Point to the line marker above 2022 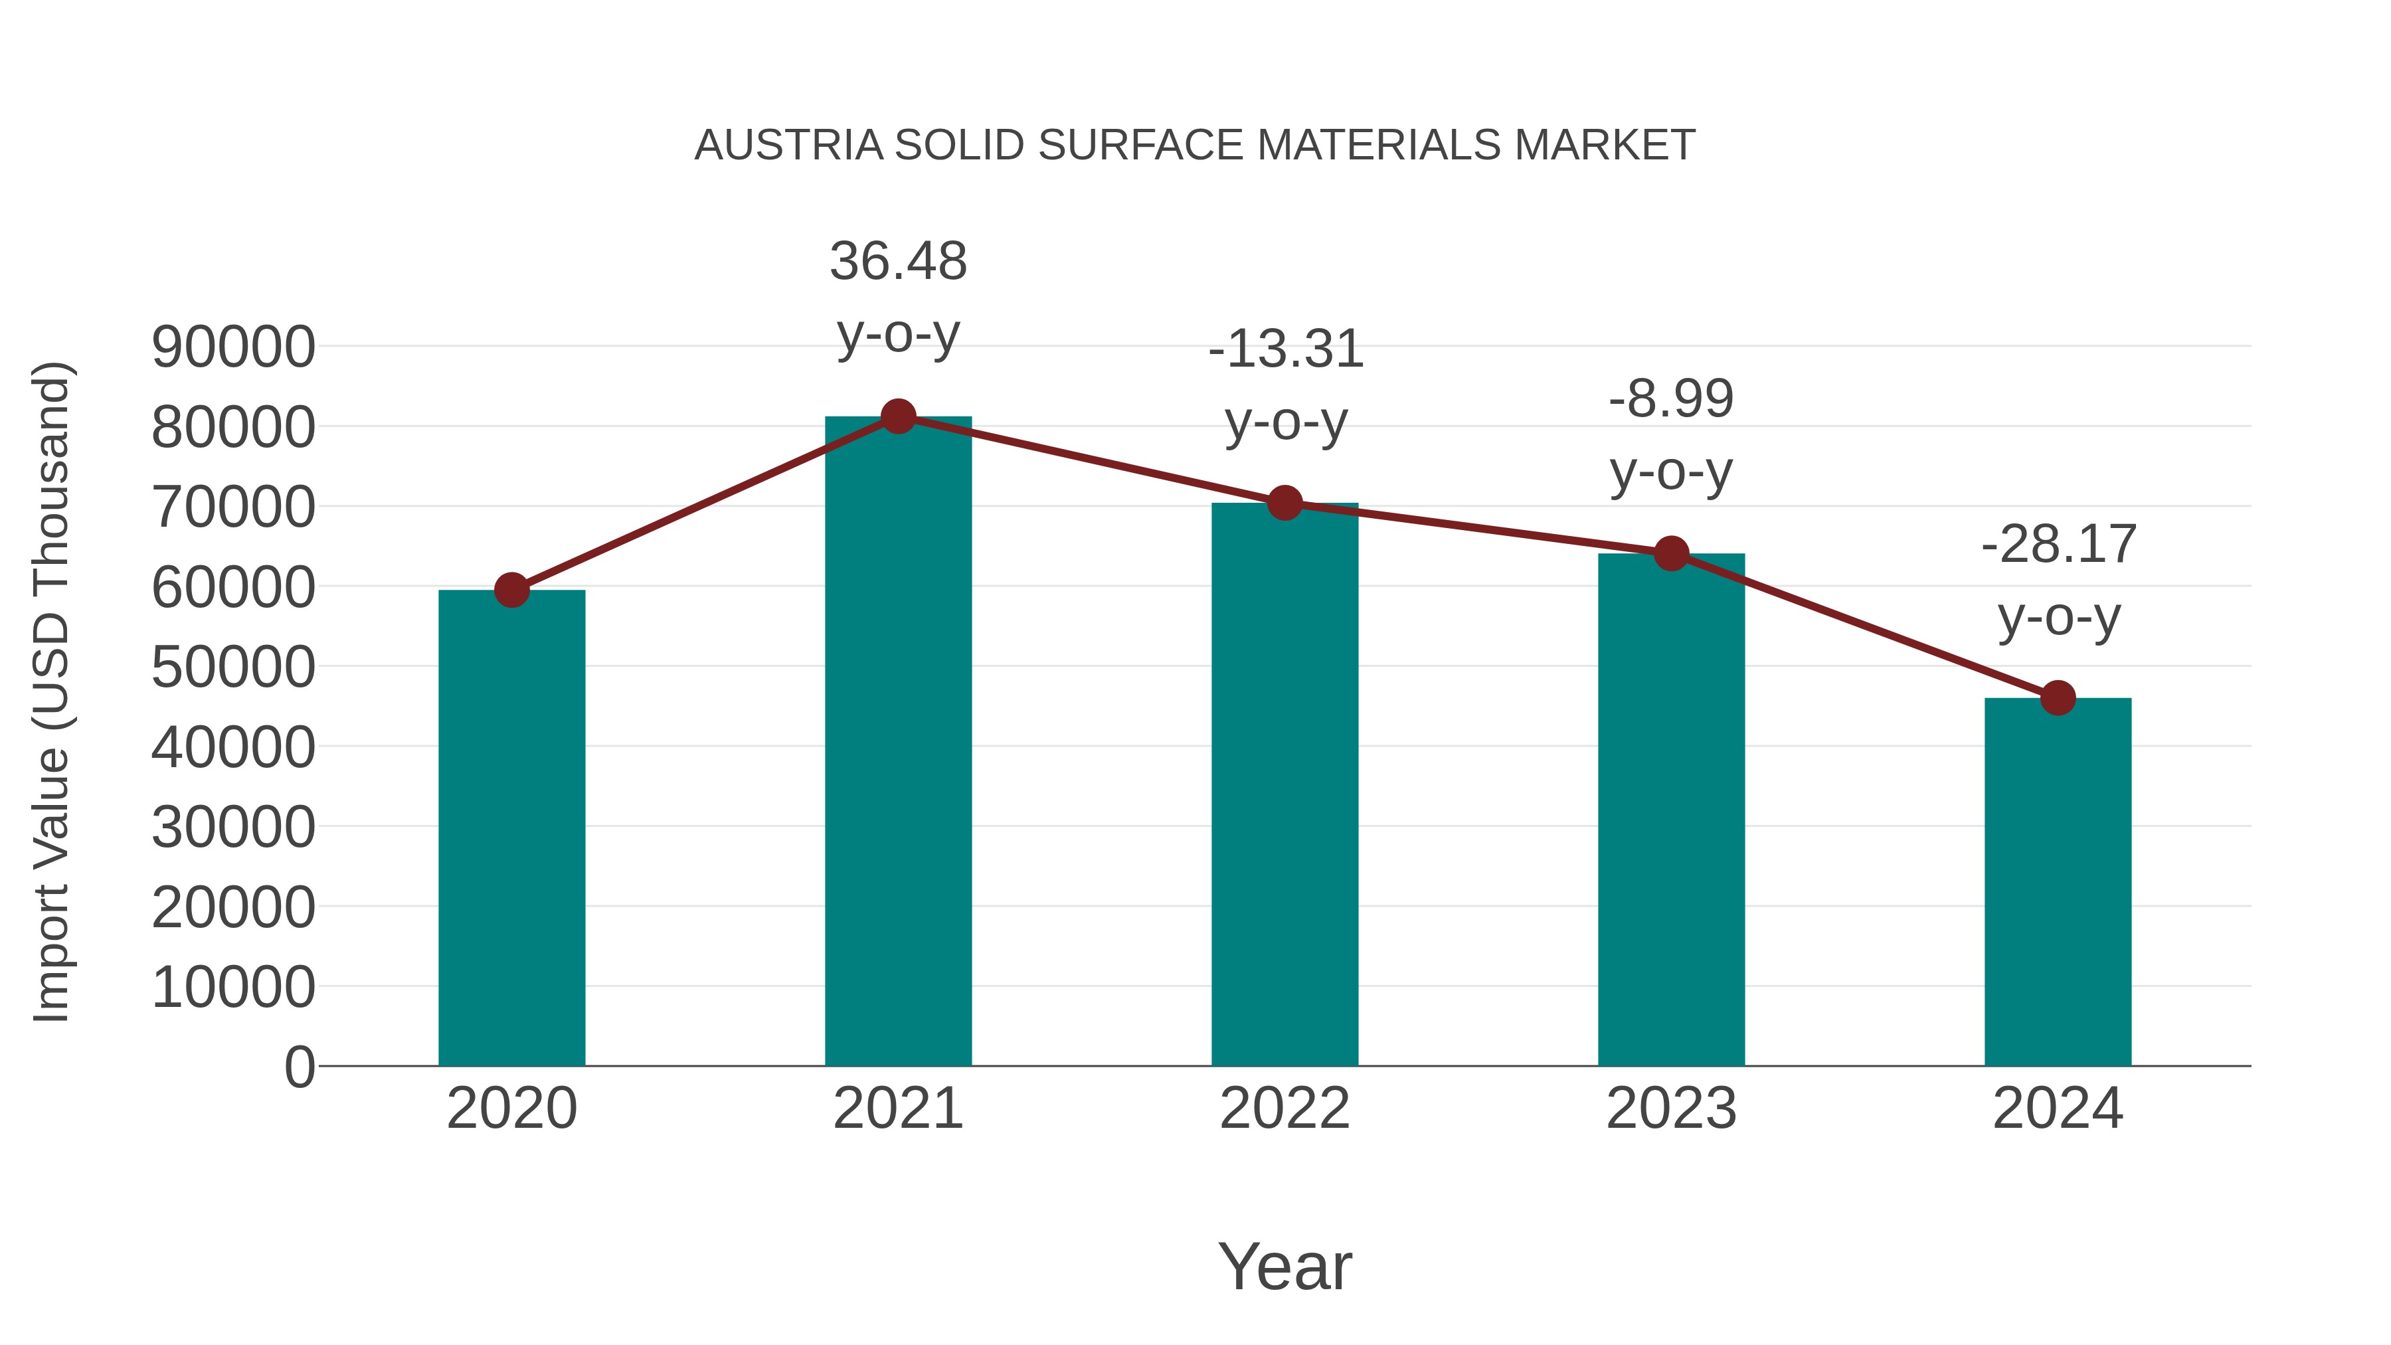(1284, 503)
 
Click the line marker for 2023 (1671, 554)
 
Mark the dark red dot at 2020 (511, 589)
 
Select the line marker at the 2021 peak (897, 416)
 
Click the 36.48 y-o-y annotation (897, 261)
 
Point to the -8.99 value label (1671, 399)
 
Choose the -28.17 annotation (2058, 544)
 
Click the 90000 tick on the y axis (233, 347)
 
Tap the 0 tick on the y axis (300, 1067)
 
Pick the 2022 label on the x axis (1284, 1109)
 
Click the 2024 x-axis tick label (2057, 1109)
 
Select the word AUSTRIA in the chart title (789, 145)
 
